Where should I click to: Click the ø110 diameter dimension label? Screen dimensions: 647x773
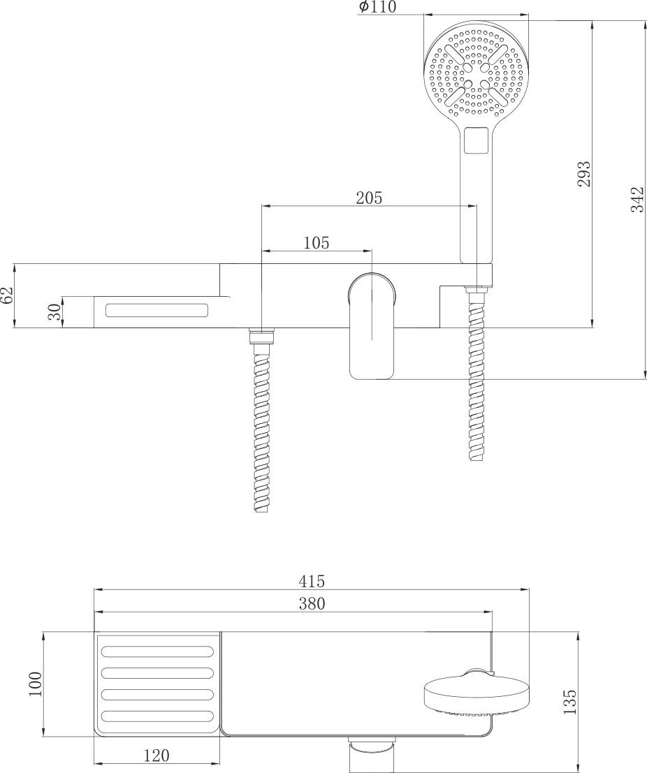point(378,6)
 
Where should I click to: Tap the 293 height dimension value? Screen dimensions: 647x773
point(584,174)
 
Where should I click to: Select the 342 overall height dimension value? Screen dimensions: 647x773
point(638,199)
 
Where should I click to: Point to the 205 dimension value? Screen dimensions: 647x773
point(369,198)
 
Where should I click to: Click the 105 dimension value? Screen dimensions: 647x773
point(316,242)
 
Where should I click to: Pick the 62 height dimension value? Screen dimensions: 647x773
point(8,296)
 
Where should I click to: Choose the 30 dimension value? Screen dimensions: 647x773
point(55,311)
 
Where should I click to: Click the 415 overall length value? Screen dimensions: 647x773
point(312,581)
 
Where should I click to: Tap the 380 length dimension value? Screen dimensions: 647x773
point(312,603)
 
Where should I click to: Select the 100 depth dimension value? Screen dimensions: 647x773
point(36,684)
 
